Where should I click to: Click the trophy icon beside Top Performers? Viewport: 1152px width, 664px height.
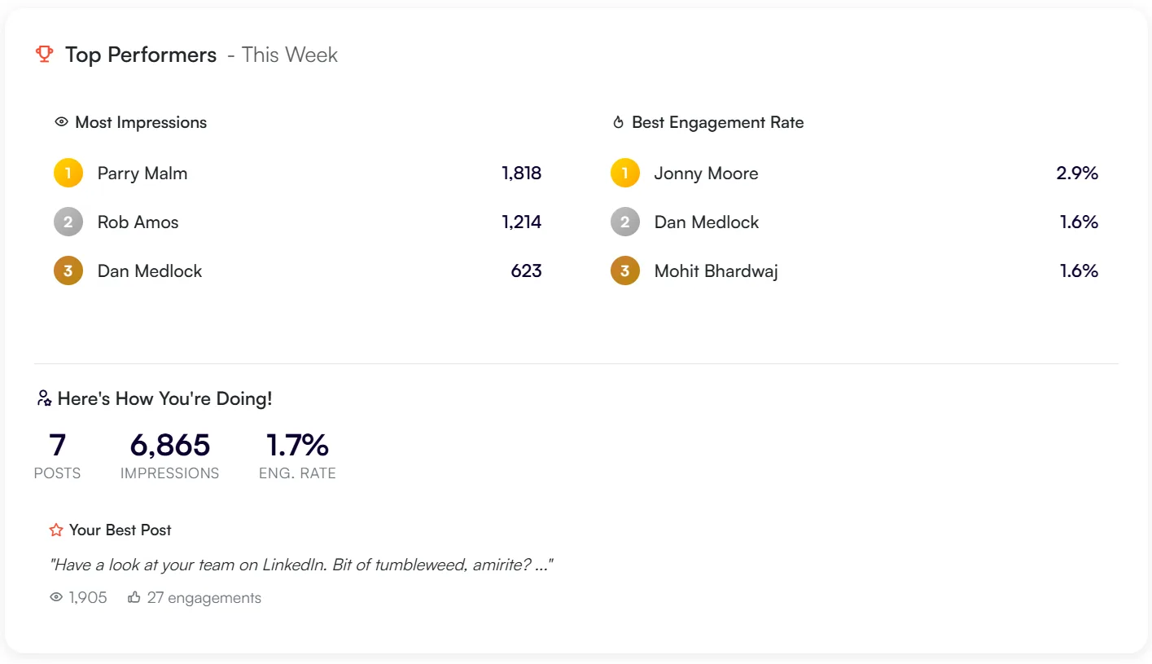coord(44,55)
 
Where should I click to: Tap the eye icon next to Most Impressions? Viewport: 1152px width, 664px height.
coord(61,122)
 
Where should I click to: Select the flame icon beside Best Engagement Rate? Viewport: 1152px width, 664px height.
coord(618,123)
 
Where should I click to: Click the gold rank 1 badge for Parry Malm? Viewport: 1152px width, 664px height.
coord(68,173)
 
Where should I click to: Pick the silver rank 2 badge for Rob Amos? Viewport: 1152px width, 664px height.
coord(68,222)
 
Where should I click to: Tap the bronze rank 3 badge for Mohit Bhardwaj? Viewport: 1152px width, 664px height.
coord(625,270)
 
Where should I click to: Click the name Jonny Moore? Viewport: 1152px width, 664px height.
coord(706,174)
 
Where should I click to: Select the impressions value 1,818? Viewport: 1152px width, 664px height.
coord(522,174)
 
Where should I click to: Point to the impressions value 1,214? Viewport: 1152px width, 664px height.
coord(522,222)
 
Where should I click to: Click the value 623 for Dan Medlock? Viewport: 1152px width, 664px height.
coord(526,271)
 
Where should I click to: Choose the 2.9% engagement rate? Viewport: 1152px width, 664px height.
coord(1077,174)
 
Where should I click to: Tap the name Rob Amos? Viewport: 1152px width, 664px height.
coord(138,222)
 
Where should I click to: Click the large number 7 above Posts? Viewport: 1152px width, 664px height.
coord(57,446)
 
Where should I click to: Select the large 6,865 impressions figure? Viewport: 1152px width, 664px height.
coord(169,446)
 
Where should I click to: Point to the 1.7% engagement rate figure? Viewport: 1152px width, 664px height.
coord(297,446)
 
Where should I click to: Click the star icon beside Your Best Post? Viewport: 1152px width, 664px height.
coord(56,530)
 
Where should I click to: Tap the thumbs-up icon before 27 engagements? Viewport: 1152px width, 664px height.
coord(134,598)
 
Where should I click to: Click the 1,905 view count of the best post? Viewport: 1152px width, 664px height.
coord(88,598)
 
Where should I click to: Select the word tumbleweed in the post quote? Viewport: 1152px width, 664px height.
coord(418,565)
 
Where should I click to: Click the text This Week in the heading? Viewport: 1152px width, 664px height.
coord(289,55)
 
